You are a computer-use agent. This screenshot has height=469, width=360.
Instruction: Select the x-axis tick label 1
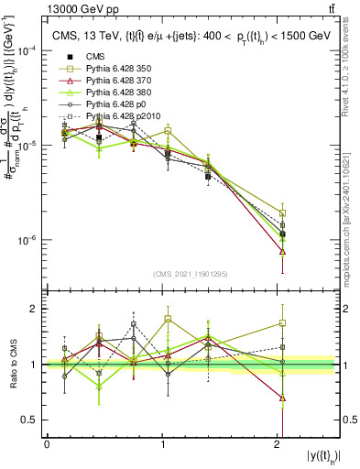163,444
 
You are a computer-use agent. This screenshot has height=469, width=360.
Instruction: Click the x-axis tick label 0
47,444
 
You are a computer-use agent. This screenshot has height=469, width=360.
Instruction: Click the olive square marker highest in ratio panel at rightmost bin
282,323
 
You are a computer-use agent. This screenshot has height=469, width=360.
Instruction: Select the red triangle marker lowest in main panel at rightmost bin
282,252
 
